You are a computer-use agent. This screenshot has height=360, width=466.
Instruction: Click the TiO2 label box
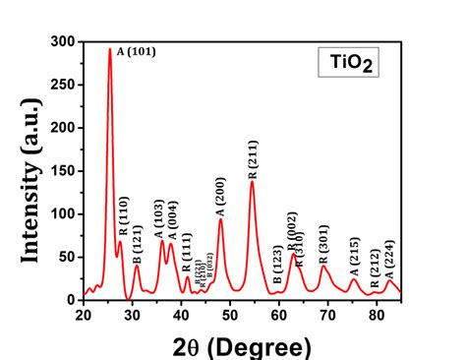click(x=346, y=66)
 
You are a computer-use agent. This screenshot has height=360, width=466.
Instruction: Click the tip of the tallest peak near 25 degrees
click(x=110, y=49)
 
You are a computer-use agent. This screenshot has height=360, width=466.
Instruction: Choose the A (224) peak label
click(x=389, y=260)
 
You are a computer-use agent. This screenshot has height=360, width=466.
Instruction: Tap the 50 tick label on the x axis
click(x=229, y=315)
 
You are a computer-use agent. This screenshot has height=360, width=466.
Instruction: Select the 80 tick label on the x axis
click(x=376, y=315)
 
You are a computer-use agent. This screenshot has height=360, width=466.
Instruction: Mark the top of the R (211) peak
click(x=252, y=181)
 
